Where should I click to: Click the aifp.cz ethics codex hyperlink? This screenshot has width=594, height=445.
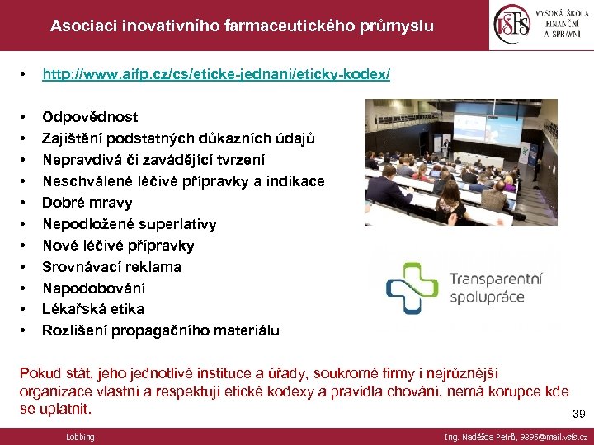(216, 74)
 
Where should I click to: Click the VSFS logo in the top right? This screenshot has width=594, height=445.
(540, 25)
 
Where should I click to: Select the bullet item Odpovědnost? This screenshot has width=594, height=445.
(90, 117)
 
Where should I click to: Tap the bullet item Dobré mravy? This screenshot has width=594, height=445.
(87, 203)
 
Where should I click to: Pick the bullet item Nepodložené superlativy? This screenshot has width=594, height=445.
(129, 224)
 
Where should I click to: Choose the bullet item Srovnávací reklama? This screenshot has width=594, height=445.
(111, 267)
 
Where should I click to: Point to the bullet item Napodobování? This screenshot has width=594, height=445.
(93, 288)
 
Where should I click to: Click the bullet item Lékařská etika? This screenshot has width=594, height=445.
(92, 309)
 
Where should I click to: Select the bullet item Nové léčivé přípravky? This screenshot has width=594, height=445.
(118, 246)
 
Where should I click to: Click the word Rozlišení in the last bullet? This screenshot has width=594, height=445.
(72, 330)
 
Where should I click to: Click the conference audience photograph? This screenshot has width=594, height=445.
(461, 162)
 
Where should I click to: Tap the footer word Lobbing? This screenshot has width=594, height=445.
(80, 437)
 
